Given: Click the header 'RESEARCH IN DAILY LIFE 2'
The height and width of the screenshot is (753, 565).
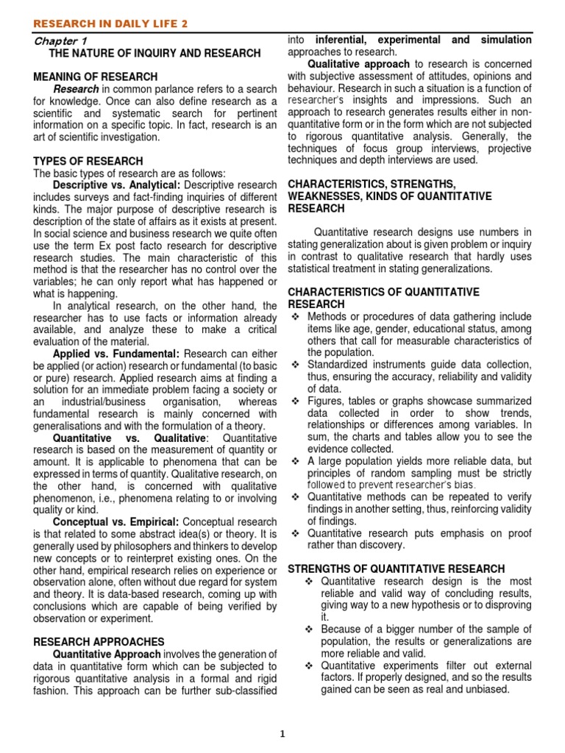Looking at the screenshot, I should coord(110,24).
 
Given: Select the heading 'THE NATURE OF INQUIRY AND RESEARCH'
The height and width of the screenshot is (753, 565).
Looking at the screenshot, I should coord(154,54).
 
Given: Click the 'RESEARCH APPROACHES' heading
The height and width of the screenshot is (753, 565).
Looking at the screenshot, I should coord(99,642).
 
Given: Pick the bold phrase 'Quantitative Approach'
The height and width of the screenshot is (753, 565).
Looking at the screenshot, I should coord(107,655).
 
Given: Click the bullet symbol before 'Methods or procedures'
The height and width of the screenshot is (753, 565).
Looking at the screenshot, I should coord(296,316).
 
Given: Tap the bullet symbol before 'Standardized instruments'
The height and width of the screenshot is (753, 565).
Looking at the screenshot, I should coord(296,365).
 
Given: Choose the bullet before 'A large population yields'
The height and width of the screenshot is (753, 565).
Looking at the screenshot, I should coord(296,461).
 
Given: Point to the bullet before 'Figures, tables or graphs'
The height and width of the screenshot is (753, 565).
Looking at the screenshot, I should coord(296,401).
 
